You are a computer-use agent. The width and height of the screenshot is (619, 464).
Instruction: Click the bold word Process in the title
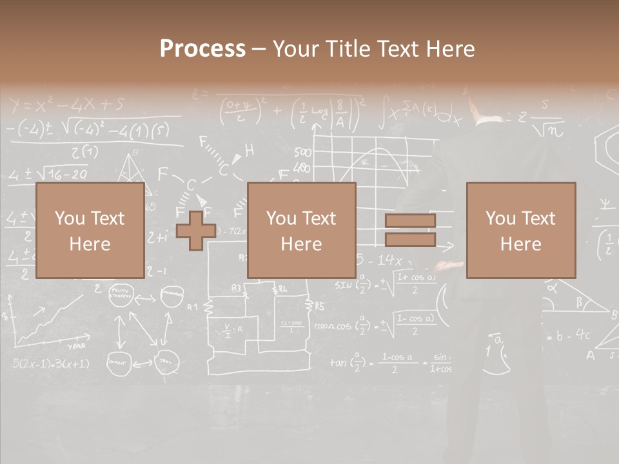(x=202, y=49)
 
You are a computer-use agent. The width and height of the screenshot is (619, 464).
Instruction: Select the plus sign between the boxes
(x=196, y=230)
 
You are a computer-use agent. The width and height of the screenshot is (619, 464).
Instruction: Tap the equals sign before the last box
(x=410, y=230)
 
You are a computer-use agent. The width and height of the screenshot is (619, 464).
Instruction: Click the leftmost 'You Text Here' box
(x=90, y=230)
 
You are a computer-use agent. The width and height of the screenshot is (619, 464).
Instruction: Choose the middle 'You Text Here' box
(x=301, y=230)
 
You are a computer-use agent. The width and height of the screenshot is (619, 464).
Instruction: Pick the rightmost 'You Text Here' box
(x=520, y=230)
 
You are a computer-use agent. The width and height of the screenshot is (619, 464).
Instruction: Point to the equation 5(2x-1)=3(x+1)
(x=51, y=363)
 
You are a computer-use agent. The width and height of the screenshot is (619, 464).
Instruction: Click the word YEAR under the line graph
(x=76, y=346)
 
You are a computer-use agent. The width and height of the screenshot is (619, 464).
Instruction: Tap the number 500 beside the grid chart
(x=302, y=153)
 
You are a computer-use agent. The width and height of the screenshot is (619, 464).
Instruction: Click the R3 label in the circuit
(x=236, y=288)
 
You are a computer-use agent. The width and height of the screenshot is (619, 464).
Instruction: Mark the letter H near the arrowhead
(x=249, y=150)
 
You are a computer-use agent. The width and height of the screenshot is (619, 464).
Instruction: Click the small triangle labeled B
(x=134, y=169)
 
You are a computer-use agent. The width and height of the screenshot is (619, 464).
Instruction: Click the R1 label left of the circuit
(x=192, y=307)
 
